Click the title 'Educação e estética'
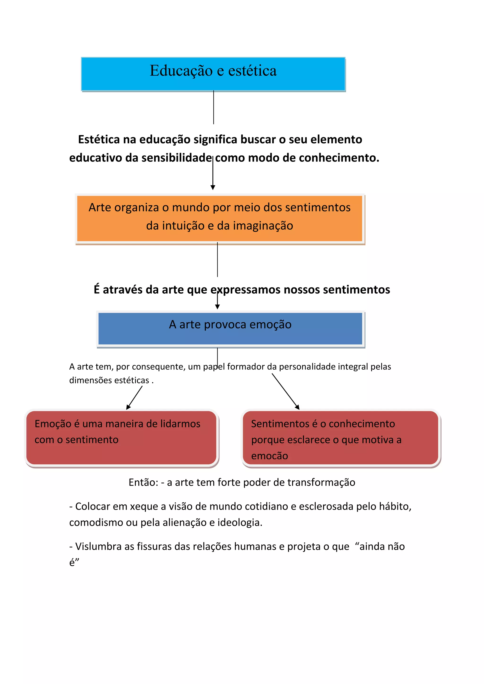click(213, 71)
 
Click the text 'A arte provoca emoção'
click(230, 325)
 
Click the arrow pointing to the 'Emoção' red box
click(134, 398)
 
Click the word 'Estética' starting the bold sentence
click(99, 139)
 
